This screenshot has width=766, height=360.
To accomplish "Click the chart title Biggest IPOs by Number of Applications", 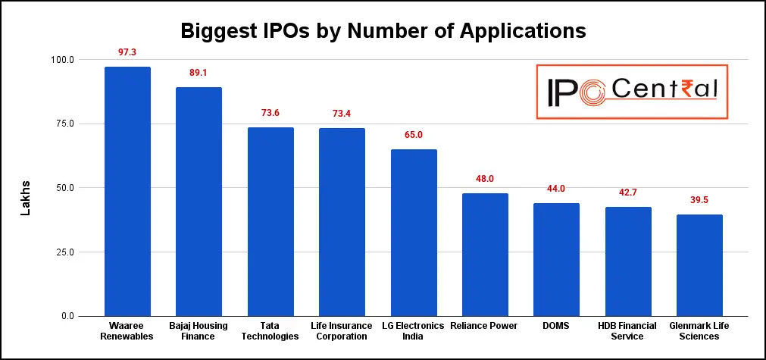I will (x=383, y=31).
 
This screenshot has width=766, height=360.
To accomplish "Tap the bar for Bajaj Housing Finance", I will (x=199, y=202).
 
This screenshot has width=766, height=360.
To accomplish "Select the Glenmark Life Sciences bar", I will (x=699, y=265).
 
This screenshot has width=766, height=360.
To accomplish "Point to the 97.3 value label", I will (x=127, y=52).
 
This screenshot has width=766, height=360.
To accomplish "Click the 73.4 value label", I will (x=342, y=114).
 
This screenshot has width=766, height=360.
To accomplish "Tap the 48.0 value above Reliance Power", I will (x=485, y=179).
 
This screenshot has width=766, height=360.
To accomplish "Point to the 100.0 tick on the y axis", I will (x=62, y=60).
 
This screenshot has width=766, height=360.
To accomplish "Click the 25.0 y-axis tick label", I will (x=64, y=252).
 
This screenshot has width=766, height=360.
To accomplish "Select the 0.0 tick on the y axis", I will (x=67, y=316).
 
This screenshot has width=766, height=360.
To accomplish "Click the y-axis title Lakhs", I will (x=25, y=198).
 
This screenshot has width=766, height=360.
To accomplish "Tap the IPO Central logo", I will (x=631, y=91).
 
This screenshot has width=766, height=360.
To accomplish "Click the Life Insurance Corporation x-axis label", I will (x=342, y=330).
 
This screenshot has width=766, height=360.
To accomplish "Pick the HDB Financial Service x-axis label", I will (x=628, y=330).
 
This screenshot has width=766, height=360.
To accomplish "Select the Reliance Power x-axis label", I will (x=485, y=326).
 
